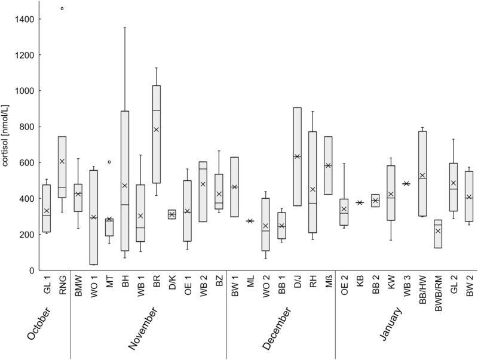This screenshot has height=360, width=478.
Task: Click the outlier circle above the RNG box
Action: coord(62,8)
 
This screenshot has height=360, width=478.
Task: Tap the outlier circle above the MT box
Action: coord(109,162)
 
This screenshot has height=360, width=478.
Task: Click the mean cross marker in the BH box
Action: coord(125,186)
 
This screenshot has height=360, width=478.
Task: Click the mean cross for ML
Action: coord(250,221)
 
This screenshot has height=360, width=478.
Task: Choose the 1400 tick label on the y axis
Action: coord(24,19)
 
